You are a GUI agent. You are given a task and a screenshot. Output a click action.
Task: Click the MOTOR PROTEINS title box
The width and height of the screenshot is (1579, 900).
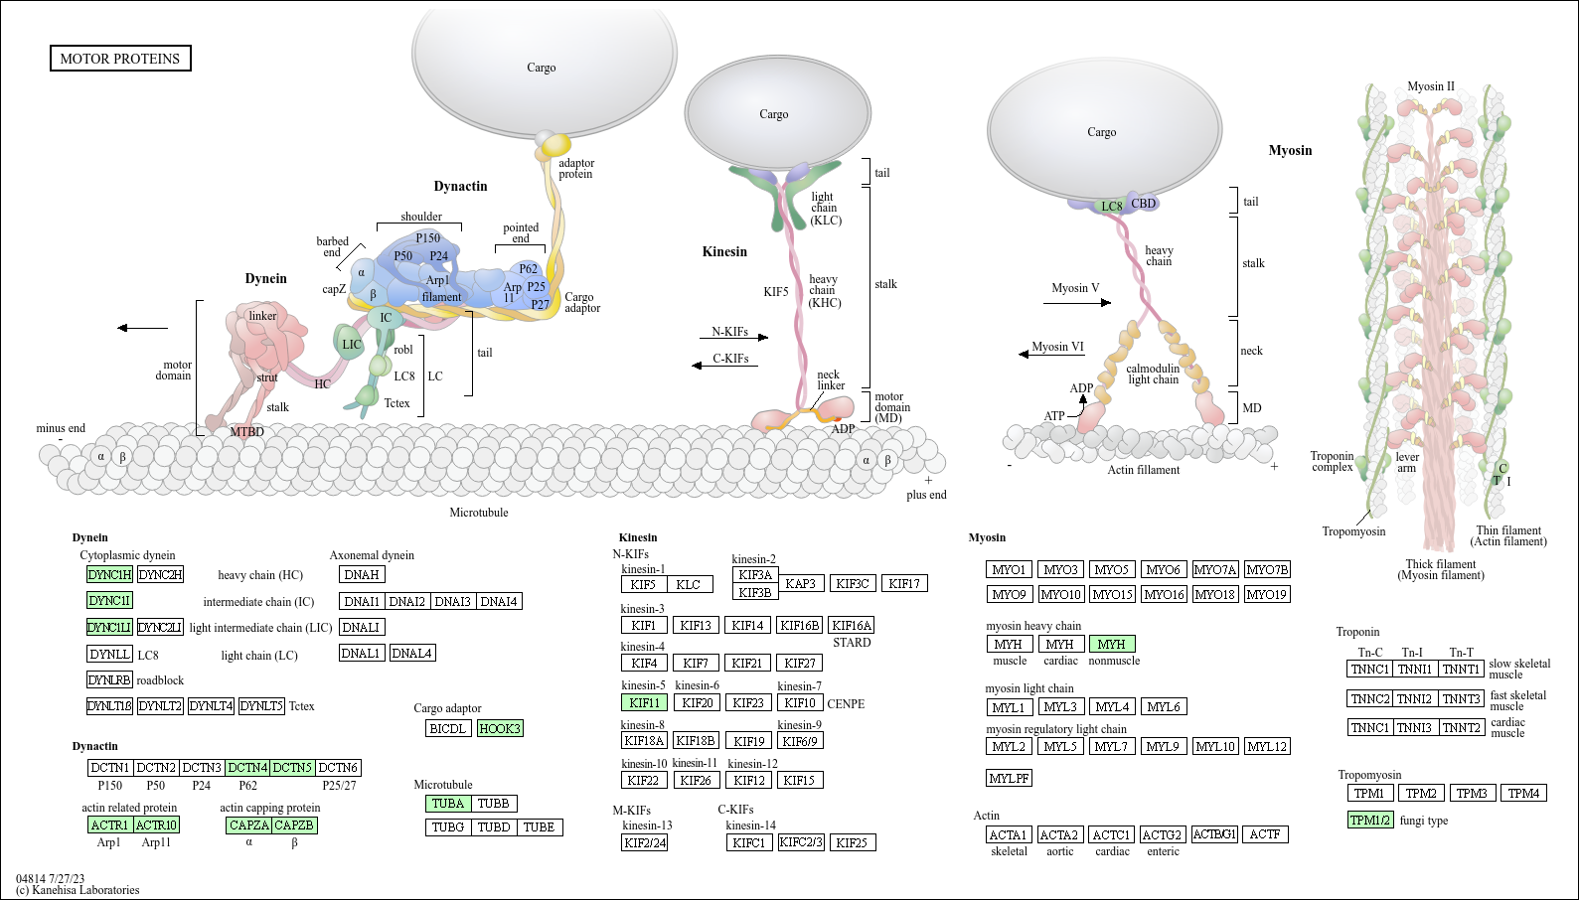(120, 59)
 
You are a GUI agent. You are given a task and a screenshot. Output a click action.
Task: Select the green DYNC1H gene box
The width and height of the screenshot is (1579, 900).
(109, 574)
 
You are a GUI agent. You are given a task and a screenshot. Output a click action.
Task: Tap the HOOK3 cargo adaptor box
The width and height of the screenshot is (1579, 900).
(500, 728)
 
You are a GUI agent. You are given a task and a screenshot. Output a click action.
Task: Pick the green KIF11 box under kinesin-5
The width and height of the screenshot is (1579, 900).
(644, 702)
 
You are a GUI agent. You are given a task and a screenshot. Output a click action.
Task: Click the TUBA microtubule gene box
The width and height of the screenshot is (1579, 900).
(447, 804)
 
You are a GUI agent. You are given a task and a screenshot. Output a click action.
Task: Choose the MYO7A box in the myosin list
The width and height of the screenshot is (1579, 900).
(1215, 569)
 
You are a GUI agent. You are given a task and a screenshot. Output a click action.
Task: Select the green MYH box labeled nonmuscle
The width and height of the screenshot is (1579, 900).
(1112, 644)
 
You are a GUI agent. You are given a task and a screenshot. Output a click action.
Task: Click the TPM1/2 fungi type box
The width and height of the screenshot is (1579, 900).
(1369, 820)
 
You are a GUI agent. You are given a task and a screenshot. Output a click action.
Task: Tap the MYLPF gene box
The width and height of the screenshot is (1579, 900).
(1009, 778)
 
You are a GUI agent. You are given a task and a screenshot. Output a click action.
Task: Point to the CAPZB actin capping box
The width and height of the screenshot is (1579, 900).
(294, 825)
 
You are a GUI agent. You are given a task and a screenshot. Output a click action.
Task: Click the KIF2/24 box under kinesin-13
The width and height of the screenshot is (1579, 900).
(644, 842)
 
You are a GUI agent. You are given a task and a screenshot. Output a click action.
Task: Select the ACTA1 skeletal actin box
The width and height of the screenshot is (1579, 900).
(1009, 834)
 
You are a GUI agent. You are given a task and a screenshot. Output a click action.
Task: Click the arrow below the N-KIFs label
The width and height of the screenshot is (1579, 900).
(733, 338)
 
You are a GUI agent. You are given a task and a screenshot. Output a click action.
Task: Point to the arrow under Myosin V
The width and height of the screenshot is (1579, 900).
(1077, 303)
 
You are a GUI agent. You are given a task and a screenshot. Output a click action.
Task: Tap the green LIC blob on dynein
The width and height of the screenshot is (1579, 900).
(349, 344)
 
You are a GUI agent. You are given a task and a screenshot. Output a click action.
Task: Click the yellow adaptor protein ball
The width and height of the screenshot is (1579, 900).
(554, 144)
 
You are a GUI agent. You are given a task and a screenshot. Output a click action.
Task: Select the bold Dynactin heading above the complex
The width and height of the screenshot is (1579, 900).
(460, 186)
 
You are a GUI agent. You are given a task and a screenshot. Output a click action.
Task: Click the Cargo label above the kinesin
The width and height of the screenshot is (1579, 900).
(773, 114)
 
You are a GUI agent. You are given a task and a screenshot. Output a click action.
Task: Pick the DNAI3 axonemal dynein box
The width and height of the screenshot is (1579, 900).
(453, 601)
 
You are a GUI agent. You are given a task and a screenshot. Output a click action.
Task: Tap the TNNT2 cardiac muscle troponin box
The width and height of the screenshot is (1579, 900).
(1462, 727)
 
